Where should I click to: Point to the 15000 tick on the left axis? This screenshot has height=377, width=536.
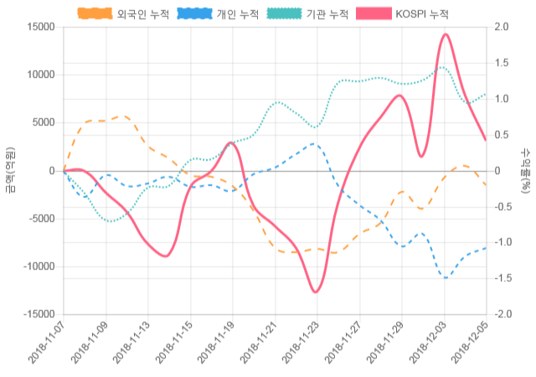click(39, 27)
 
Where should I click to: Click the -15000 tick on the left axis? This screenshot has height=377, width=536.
click(38, 314)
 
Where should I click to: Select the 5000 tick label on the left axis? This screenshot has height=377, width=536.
click(42, 122)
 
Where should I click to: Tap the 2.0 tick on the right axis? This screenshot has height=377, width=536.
click(502, 27)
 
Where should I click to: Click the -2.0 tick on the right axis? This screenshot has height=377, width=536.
click(504, 314)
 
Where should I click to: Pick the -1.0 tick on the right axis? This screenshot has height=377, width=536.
click(504, 243)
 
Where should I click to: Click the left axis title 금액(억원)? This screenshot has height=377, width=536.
click(9, 170)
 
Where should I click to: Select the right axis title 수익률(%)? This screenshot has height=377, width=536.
click(526, 170)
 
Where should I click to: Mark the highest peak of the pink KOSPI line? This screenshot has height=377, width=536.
click(445, 34)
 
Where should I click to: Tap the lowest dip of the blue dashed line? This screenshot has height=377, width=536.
click(445, 276)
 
